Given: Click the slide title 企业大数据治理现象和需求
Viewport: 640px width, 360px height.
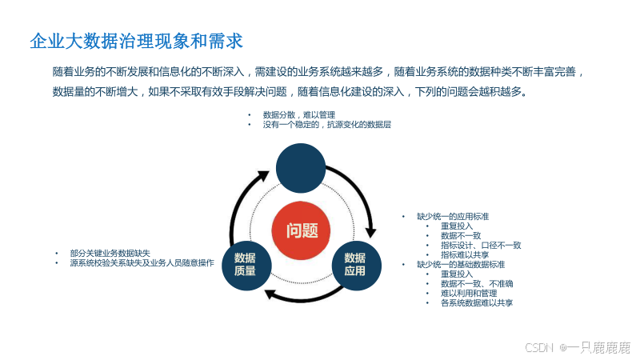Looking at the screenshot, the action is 136,40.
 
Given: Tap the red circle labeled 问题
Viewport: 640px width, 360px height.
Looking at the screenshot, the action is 302,231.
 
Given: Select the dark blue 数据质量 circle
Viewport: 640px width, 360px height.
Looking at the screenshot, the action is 246,263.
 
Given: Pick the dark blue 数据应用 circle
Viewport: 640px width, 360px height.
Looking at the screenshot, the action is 355,263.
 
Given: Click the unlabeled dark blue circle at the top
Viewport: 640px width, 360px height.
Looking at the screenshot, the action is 302,166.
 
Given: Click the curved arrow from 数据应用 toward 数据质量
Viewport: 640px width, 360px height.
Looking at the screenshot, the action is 300,297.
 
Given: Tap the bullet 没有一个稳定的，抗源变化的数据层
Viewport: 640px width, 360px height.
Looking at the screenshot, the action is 326,125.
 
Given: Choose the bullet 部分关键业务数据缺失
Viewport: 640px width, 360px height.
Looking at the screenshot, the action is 110,253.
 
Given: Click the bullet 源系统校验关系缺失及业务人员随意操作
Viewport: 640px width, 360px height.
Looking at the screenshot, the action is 142,262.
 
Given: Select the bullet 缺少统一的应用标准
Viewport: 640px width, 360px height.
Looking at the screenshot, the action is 453,217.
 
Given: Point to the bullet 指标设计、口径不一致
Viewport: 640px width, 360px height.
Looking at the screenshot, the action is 480,245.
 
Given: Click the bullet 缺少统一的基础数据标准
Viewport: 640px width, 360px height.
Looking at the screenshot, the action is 461,264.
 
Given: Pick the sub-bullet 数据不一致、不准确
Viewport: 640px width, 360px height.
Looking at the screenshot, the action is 477,283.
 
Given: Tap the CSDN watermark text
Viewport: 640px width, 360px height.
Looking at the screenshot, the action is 577,347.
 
